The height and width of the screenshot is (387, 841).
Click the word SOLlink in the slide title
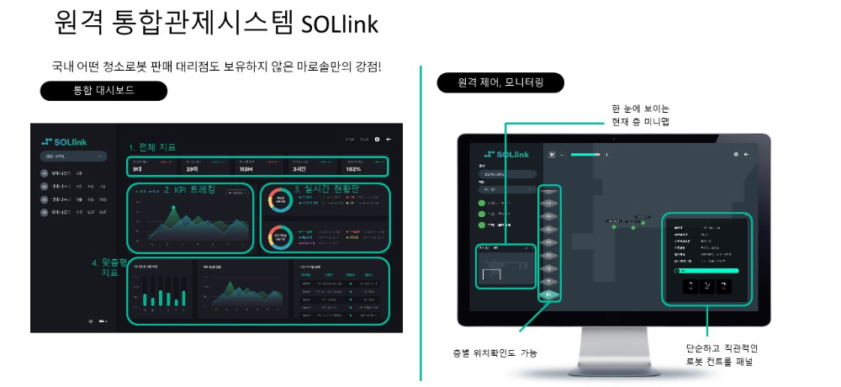[x=339, y=23]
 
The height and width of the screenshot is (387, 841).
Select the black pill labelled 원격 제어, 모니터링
[x=500, y=82]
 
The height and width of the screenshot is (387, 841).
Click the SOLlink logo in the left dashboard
[x=65, y=140]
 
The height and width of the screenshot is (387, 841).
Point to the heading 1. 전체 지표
[x=152, y=147]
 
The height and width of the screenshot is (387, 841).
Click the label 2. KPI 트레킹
[x=189, y=189]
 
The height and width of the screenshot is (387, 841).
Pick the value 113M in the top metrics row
[x=246, y=168]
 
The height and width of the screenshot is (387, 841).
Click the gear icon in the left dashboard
[x=378, y=139]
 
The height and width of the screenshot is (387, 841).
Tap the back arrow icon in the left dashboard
[x=389, y=139]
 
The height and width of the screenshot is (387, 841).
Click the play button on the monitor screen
[x=551, y=154]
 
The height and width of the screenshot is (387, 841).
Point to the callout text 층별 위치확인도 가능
[x=495, y=353]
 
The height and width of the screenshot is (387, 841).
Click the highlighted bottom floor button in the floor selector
[x=549, y=295]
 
